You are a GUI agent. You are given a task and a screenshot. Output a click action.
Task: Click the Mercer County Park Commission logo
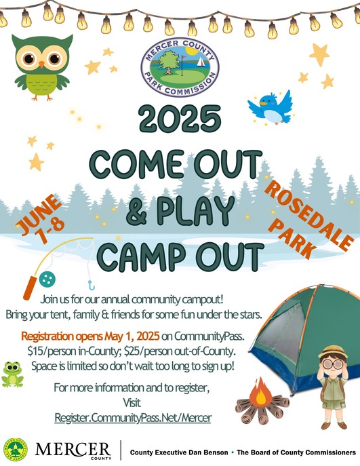coord(180,65)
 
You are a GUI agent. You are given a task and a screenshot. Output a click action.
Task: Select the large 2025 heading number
coord(180,121)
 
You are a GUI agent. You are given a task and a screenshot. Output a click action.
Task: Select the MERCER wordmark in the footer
coord(73,448)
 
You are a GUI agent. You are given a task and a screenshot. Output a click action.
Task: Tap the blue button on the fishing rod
coord(46,278)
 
